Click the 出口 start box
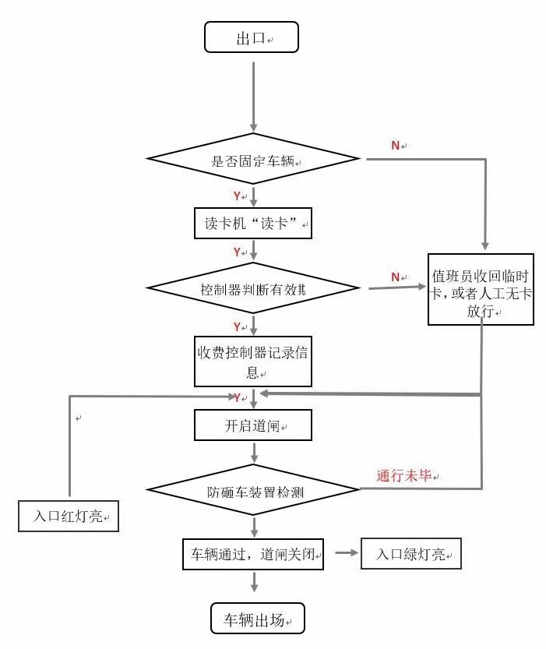(251, 38)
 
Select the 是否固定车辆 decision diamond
(254, 160)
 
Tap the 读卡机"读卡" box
(253, 223)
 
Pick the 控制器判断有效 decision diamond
(254, 289)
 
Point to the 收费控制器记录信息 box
(253, 361)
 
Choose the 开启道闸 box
(253, 426)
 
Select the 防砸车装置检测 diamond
(254, 490)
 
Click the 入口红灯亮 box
(69, 516)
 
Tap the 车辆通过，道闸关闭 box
(253, 554)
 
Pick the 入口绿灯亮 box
(410, 554)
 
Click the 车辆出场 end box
(257, 619)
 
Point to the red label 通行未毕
(403, 475)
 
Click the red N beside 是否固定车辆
(395, 145)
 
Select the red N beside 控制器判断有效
(395, 277)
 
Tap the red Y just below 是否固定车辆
(237, 195)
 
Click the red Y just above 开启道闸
(237, 397)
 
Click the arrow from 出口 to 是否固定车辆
(253, 93)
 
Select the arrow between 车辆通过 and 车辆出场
(253, 585)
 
